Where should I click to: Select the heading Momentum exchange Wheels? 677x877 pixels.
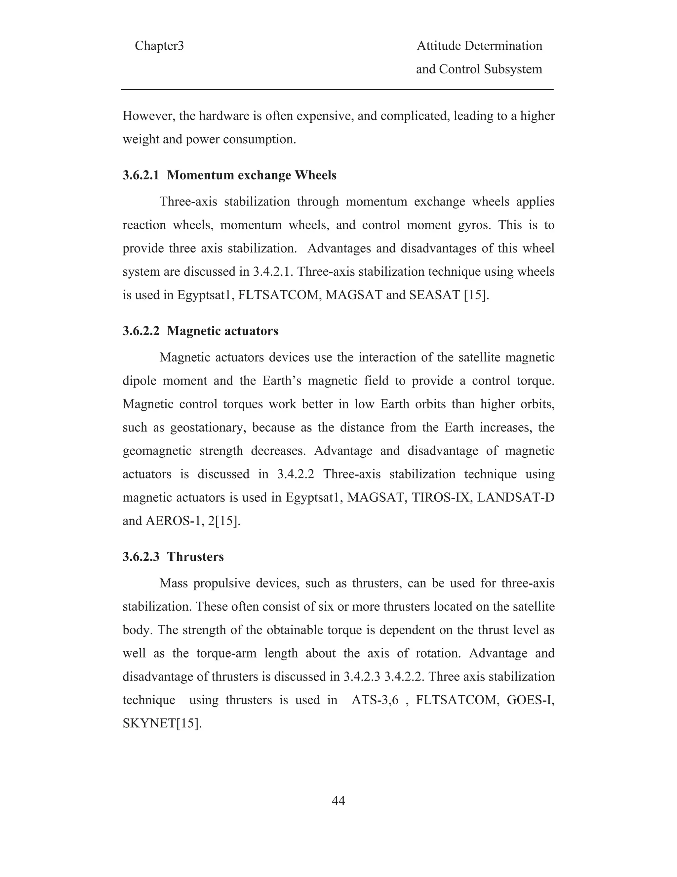252,175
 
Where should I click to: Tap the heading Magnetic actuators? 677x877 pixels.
222,331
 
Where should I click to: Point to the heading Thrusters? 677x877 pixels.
195,557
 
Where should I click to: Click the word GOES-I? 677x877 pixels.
530,700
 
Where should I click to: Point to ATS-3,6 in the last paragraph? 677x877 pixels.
375,700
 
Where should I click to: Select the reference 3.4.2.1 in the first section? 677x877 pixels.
273,272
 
